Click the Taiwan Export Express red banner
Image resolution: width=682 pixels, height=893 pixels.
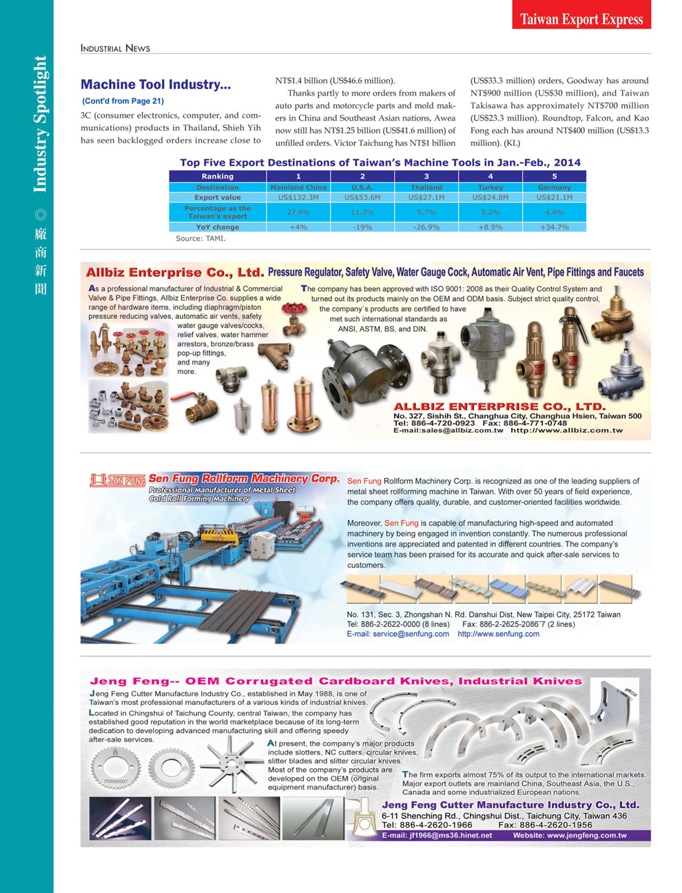tap(581, 19)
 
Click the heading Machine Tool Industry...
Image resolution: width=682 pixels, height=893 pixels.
tap(156, 85)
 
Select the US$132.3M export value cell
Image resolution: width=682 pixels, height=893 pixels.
tap(298, 197)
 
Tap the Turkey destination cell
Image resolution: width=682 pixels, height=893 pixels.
tap(490, 187)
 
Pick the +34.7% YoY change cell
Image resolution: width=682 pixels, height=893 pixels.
tap(555, 227)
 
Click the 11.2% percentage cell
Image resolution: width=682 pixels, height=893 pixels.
tap(362, 212)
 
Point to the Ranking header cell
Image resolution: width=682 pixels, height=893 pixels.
tap(218, 176)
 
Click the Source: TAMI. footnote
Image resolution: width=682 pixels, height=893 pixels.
tap(200, 238)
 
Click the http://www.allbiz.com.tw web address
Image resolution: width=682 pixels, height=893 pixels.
tap(566, 431)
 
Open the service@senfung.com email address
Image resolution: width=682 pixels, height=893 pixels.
tap(397, 634)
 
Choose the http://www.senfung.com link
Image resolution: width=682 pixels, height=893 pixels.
tap(498, 634)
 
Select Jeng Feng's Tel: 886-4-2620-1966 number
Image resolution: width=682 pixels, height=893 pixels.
tap(427, 825)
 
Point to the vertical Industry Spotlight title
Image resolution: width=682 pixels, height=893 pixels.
tap(40, 124)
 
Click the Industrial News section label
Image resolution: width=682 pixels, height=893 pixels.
tap(115, 48)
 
